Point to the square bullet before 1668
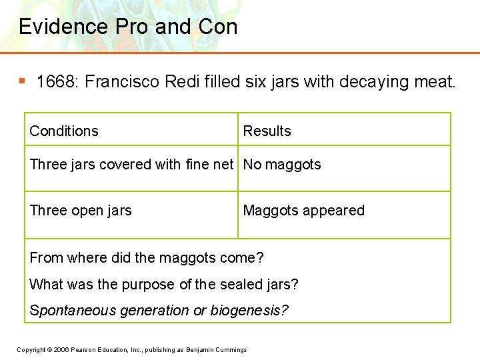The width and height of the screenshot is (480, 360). [22, 81]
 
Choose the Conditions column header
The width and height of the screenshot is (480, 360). [64, 131]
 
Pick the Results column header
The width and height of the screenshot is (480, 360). [267, 131]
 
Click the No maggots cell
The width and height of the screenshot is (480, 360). [282, 165]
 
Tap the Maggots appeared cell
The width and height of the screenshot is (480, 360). [303, 211]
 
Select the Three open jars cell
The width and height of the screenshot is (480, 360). [81, 211]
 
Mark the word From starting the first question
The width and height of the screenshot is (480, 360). [45, 258]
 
